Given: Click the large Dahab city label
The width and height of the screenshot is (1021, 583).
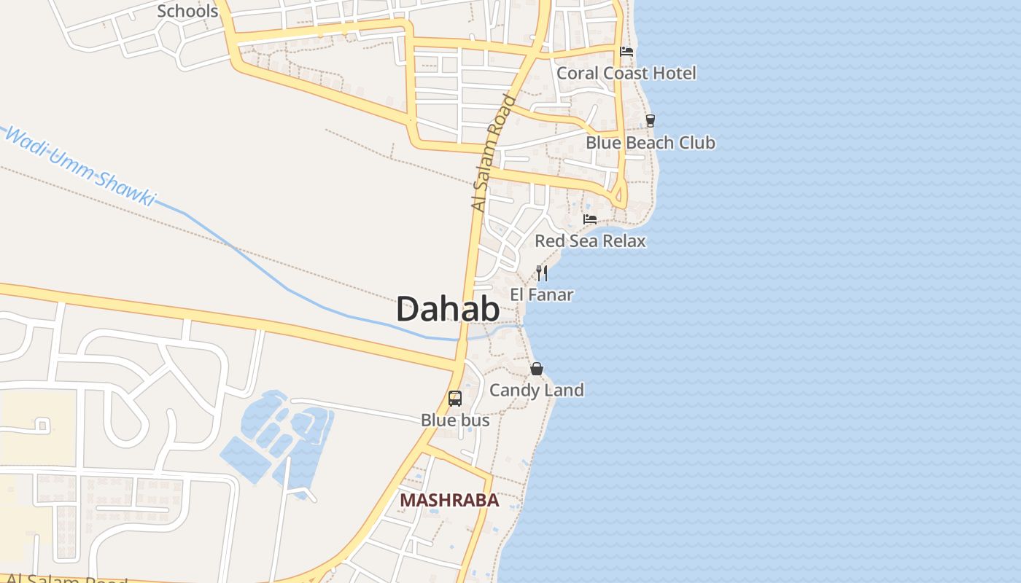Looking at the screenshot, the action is [448, 310].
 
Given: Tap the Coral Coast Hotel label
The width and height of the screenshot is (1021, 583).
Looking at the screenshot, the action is [626, 73].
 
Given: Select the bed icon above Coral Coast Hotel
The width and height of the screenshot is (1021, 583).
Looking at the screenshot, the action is [626, 52].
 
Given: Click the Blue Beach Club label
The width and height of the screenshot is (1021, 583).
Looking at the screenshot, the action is [651, 143].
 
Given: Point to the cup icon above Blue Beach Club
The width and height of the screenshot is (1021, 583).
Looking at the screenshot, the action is [651, 121].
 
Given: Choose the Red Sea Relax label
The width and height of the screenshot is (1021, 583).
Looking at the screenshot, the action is [590, 241].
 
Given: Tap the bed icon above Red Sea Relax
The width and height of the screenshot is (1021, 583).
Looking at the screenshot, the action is [590, 219].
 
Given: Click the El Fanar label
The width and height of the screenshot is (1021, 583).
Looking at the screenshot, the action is [542, 295].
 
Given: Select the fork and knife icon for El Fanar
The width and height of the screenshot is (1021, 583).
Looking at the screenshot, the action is [542, 273].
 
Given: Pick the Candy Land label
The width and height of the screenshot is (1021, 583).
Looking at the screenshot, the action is [537, 390].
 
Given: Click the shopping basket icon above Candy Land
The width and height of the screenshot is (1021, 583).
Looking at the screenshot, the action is [537, 369].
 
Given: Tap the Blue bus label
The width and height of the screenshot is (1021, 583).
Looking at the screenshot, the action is [455, 420].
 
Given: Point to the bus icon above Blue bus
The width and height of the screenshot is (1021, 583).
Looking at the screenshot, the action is [455, 399].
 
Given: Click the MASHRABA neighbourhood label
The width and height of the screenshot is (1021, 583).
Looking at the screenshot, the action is [449, 501].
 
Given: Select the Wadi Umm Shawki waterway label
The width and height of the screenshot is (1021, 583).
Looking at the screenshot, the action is [80, 166].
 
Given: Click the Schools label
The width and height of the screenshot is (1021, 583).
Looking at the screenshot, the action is [187, 11].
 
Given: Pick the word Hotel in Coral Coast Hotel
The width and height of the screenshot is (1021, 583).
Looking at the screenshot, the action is [674, 73].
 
